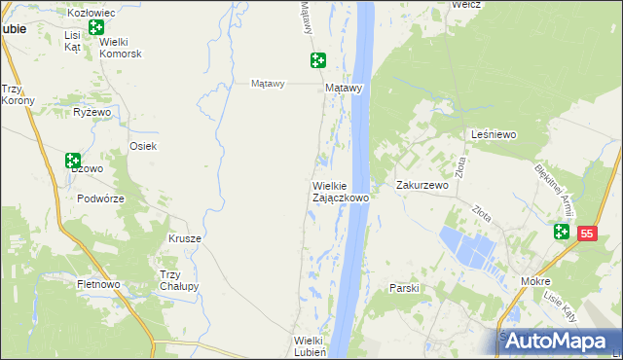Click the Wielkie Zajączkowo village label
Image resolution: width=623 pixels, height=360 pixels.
point(340,191)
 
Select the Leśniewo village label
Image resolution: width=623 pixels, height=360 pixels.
point(493,134)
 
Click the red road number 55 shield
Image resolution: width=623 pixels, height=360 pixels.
point(586,234)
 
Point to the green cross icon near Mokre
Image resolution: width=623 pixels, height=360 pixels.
point(562,232)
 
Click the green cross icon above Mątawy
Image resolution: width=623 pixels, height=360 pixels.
point(318,60)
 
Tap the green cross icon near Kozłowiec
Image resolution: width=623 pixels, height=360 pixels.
point(94,27)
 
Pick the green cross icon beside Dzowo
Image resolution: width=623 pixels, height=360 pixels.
point(73,161)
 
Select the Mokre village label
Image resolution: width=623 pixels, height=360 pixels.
point(535,280)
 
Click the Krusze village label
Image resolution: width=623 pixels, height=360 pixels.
point(185,238)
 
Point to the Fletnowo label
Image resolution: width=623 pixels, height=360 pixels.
point(97,285)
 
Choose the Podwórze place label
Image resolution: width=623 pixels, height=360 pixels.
point(100,198)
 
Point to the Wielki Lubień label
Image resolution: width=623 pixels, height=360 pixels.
point(314,346)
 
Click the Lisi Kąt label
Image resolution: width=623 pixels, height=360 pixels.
point(73,41)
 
